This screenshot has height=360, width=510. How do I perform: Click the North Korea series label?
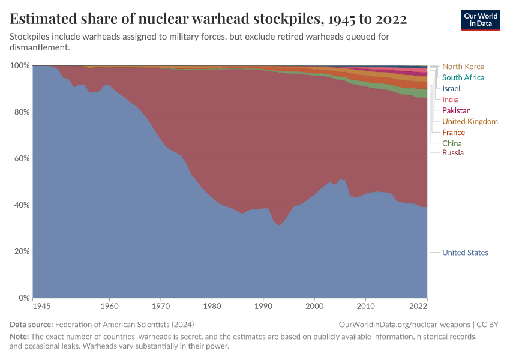pyautogui.click(x=463, y=67)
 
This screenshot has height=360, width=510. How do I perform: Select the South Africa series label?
pyautogui.click(x=463, y=77)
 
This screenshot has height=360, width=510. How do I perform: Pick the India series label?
pyautogui.click(x=451, y=100)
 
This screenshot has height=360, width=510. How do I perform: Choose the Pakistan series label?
pyautogui.click(x=456, y=110)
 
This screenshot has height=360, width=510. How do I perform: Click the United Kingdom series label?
pyautogui.click(x=470, y=121)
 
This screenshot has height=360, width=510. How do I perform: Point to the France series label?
pyautogui.click(x=453, y=132)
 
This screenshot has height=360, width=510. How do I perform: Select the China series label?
pyautogui.click(x=452, y=143)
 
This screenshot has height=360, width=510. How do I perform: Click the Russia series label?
pyautogui.click(x=452, y=153)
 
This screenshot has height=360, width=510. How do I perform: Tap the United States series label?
pyautogui.click(x=465, y=253)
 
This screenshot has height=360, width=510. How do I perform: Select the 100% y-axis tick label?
pyautogui.click(x=19, y=65)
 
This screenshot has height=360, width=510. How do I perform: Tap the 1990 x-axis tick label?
pyautogui.click(x=263, y=306)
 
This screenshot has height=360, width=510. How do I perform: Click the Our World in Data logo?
pyautogui.click(x=480, y=20)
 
